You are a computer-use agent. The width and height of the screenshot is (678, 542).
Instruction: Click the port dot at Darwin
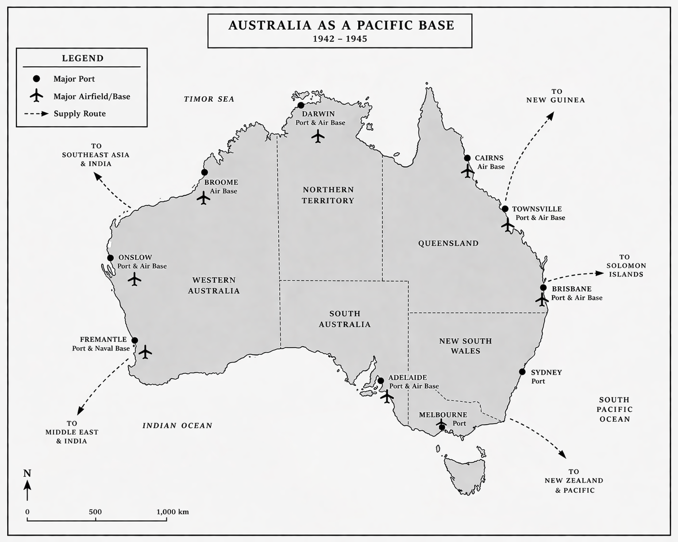pos(301,105)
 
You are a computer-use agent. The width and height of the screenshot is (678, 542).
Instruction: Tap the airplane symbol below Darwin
pos(318,137)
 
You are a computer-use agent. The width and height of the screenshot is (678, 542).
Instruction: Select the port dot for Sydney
pos(522,372)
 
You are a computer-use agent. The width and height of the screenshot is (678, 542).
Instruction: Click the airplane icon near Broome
pos(204,198)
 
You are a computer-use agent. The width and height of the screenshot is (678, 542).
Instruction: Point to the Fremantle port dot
pos(135,340)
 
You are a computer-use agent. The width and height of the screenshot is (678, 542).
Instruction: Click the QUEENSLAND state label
pos(448,243)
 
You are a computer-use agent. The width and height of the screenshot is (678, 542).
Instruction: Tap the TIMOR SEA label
pos(209,99)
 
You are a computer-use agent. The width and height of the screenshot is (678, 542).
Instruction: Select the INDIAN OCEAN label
pos(177,425)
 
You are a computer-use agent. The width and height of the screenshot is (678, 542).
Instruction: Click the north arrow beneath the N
pos(28,489)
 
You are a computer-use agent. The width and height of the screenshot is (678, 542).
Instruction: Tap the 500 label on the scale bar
pos(95,512)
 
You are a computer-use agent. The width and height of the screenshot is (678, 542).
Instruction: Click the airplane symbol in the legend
pos(36,96)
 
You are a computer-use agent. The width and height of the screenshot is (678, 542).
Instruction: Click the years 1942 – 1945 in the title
pos(339,39)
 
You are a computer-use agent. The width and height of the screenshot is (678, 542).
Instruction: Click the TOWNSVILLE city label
pos(537,209)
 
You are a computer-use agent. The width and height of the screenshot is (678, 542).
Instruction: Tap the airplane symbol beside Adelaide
pos(387,396)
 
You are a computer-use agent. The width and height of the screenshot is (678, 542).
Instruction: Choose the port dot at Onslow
pos(110,258)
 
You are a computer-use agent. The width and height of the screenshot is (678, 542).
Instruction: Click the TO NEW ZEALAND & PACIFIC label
pos(574,481)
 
